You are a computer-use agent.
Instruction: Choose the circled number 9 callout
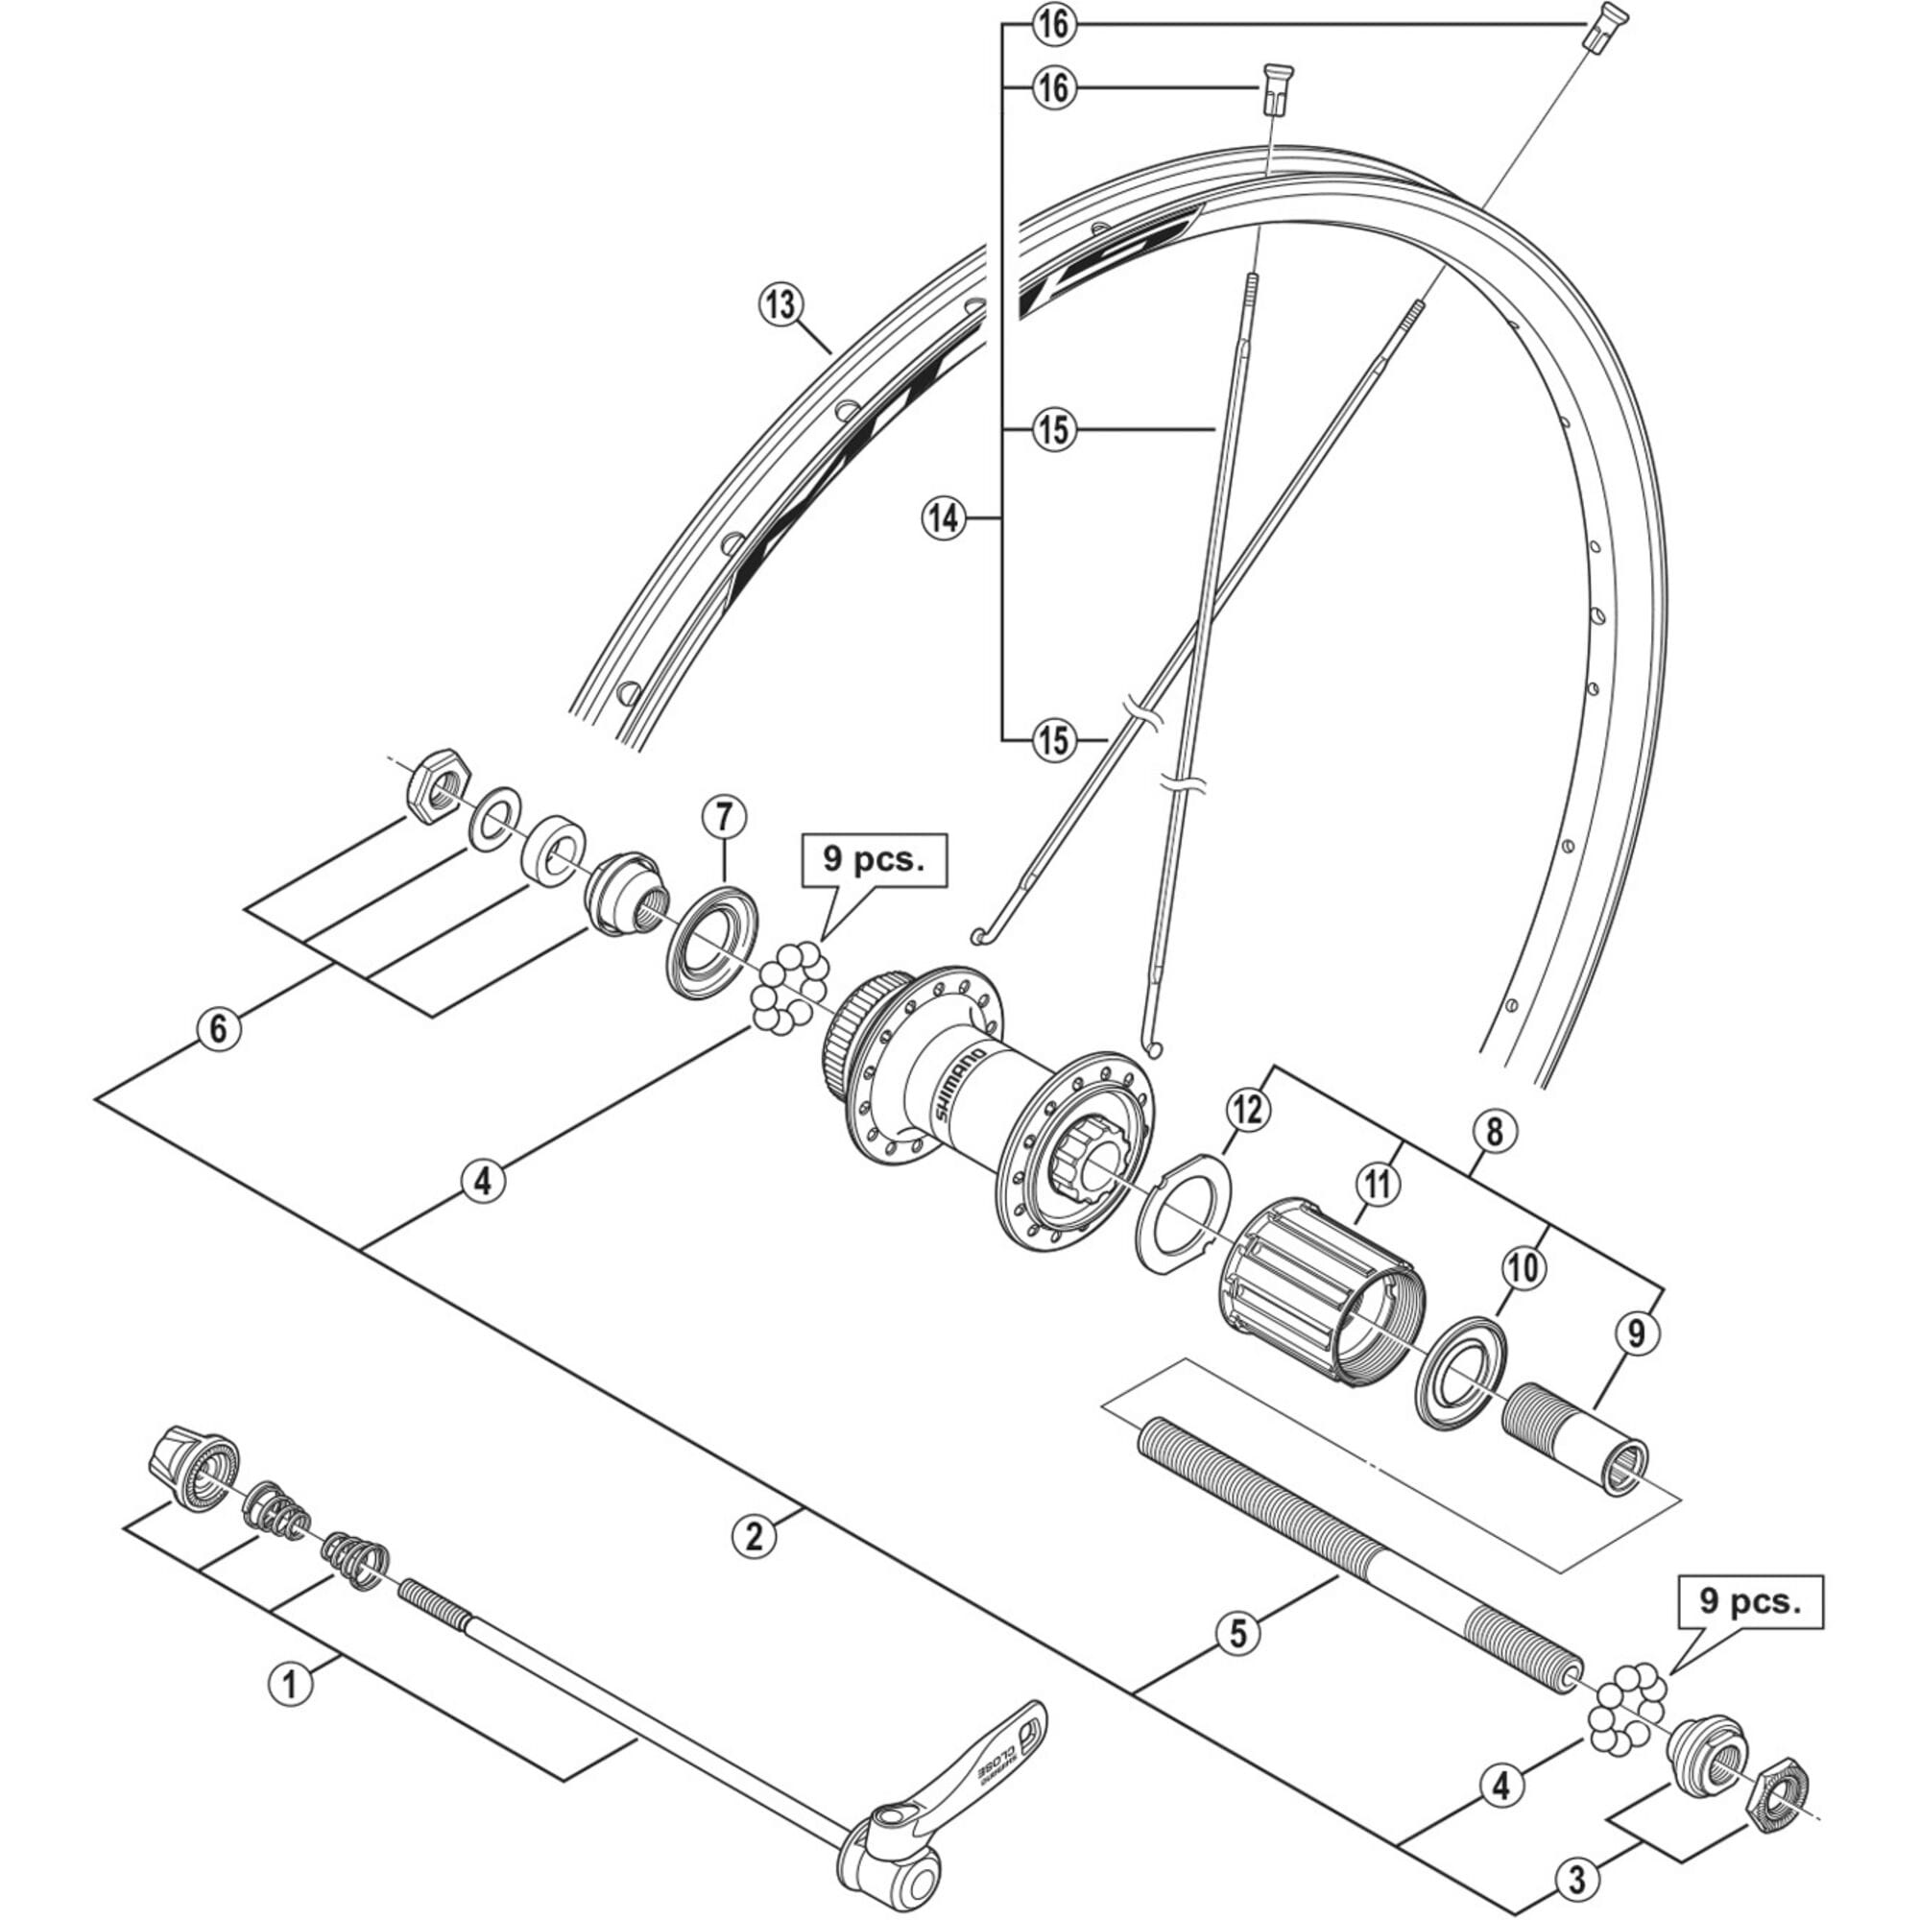click(x=1637, y=1334)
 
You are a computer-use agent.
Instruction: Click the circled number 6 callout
click(x=218, y=1027)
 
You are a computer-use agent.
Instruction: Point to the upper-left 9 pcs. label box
click(x=873, y=860)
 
